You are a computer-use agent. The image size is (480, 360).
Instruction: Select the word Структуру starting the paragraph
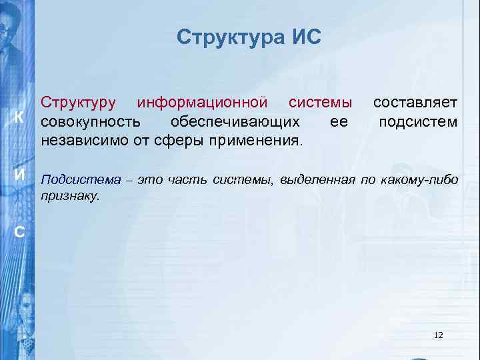(x=79, y=103)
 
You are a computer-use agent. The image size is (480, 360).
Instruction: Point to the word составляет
(x=415, y=103)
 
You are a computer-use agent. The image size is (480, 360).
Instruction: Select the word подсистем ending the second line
(x=418, y=122)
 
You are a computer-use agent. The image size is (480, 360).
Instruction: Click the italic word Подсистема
(x=81, y=179)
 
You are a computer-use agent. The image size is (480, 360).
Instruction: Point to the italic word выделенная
(x=319, y=179)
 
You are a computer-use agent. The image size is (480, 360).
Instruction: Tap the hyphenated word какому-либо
(x=419, y=179)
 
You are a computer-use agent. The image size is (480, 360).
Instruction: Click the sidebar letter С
(x=20, y=232)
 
